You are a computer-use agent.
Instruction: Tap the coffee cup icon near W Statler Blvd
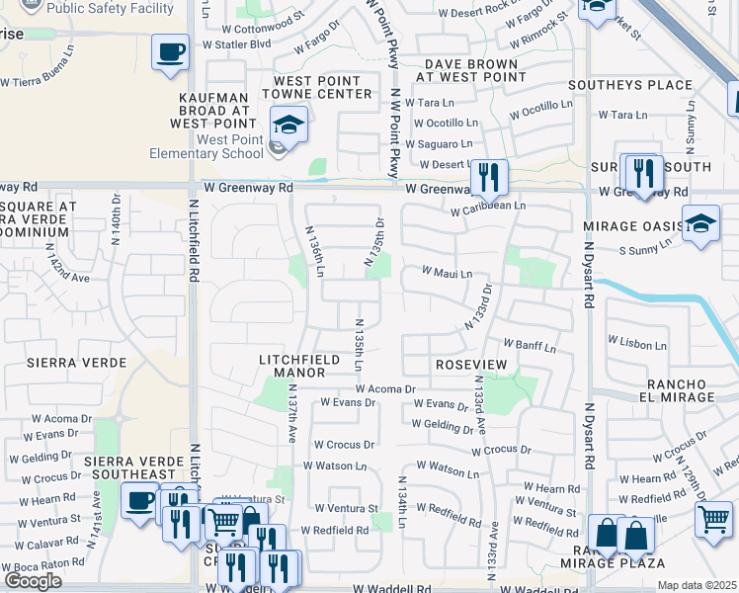170,51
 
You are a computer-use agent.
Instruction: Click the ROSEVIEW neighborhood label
471,365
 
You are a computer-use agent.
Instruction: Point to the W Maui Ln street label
448,272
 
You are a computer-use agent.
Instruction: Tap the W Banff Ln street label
530,347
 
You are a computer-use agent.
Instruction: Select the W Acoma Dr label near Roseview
386,389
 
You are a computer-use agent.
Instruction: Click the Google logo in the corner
33,581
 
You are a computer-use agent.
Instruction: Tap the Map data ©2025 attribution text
697,585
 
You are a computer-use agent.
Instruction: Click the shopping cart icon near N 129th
713,519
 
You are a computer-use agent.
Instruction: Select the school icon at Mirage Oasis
701,223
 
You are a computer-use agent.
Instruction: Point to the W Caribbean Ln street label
488,207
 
